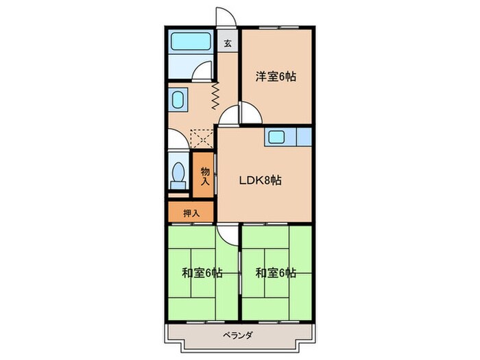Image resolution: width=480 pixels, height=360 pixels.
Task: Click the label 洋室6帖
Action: coord(276,77)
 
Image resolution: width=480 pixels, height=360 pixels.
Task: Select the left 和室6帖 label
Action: coord(202,272)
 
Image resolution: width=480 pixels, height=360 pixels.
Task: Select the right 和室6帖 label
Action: coord(276,272)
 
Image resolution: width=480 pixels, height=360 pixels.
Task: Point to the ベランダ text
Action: coord(238,335)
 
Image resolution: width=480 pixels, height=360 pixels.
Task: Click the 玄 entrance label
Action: coord(227,43)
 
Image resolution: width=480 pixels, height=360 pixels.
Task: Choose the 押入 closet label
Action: coord(191,213)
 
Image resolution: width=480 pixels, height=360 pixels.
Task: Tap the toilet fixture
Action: coord(180,174)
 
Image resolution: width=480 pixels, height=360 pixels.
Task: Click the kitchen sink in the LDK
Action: coord(278,136)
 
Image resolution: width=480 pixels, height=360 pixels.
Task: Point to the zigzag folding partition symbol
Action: coord(215,95)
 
